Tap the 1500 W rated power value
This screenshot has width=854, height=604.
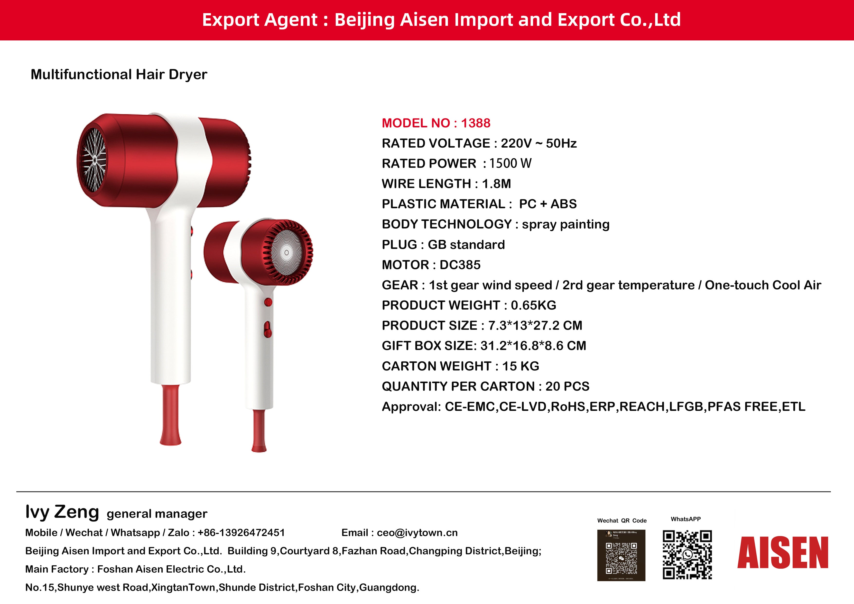510,163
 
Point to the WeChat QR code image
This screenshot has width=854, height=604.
621,555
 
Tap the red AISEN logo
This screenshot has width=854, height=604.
783,553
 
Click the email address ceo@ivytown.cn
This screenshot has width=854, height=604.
417,533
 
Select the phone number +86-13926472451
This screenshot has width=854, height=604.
241,533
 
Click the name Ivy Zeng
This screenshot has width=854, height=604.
62,512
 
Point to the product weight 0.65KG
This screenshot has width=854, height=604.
533,305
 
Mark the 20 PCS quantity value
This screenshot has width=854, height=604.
567,386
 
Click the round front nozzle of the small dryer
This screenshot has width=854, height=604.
286,253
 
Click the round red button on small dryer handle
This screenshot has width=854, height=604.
268,302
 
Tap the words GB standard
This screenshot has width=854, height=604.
466,245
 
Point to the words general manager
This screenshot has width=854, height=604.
157,514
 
